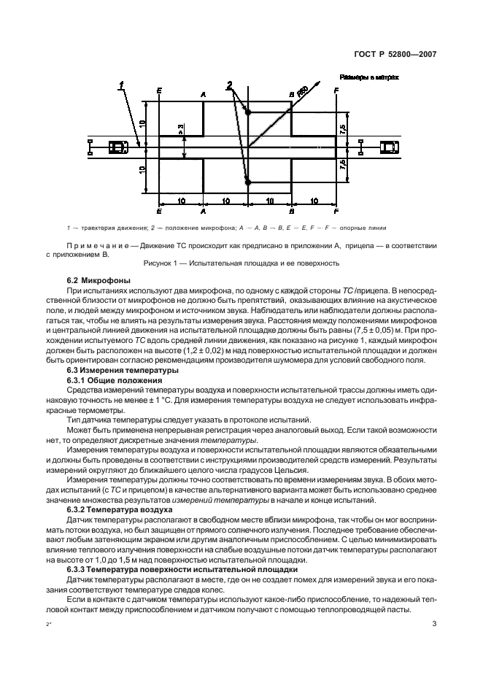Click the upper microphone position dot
(x=248, y=112)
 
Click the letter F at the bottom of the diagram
(x=336, y=211)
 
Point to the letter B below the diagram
(x=292, y=211)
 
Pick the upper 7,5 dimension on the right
(x=343, y=128)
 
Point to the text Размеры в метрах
(x=368, y=76)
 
